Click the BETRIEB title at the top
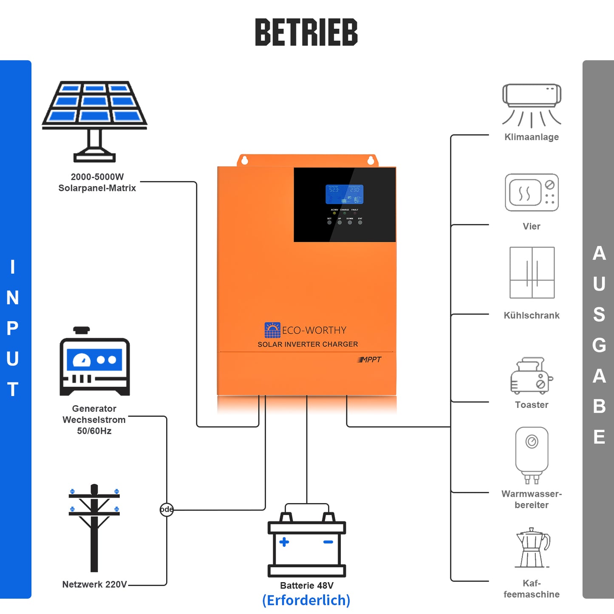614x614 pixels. click(x=306, y=32)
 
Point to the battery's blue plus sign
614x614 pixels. click(x=284, y=542)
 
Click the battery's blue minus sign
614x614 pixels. click(x=328, y=542)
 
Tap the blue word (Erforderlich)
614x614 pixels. click(x=306, y=600)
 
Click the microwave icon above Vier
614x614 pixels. click(x=532, y=192)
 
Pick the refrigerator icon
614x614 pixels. click(x=532, y=272)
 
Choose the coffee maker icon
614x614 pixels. click(x=532, y=548)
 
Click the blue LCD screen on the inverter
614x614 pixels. click(x=344, y=194)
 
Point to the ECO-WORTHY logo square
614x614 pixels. click(x=272, y=330)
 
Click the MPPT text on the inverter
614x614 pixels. click(x=370, y=359)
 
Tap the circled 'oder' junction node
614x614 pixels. click(x=167, y=509)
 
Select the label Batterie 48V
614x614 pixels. click(x=306, y=586)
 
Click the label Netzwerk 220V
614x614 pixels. click(x=94, y=584)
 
